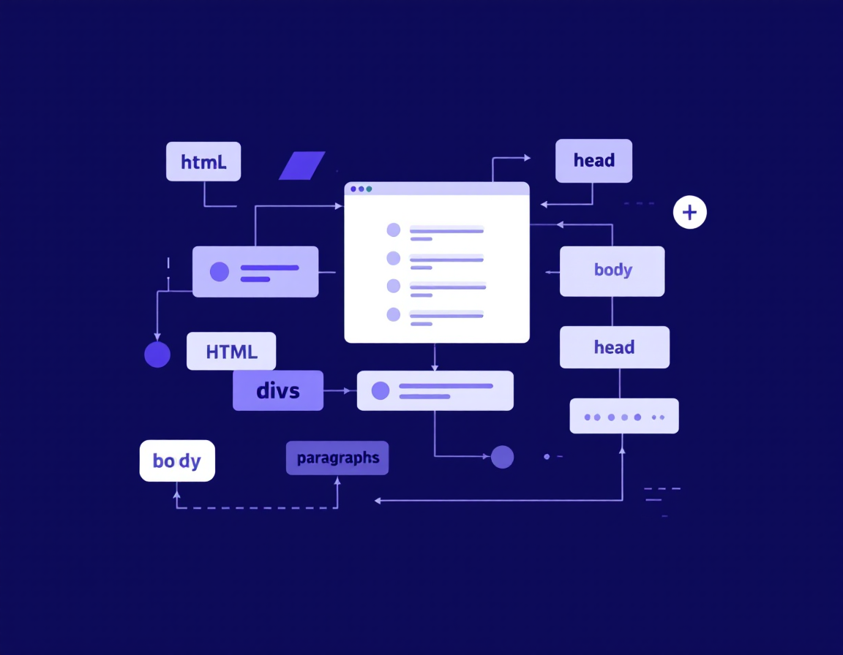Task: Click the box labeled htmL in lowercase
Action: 203,162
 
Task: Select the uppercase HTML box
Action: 231,352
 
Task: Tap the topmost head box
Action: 593,161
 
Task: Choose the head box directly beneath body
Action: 614,347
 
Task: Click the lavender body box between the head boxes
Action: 612,270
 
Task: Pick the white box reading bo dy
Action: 177,461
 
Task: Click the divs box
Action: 278,390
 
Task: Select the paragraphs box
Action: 337,458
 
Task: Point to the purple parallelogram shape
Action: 301,165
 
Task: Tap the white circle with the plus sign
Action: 689,213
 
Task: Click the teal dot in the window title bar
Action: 369,189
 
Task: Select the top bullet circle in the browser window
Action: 394,230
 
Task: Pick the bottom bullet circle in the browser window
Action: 394,314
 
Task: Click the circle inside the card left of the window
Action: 220,272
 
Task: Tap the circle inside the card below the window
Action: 381,391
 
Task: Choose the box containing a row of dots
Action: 624,416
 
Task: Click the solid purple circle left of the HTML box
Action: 157,355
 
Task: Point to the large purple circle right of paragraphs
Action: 502,457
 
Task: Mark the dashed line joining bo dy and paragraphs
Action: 256,507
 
